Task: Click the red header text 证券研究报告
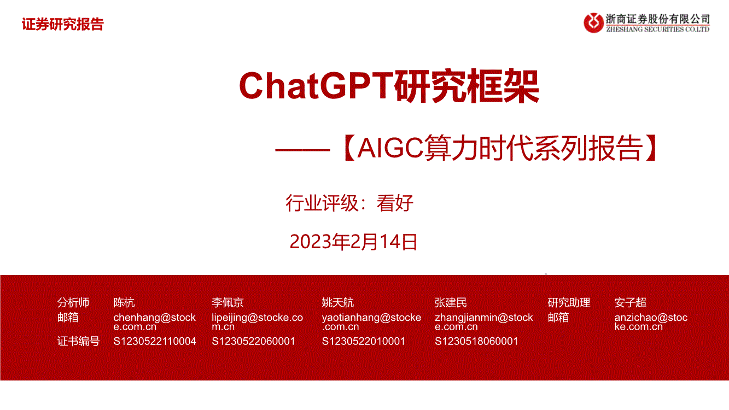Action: tap(63, 25)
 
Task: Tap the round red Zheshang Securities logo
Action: tap(593, 23)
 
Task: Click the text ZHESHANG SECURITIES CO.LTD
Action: tap(658, 30)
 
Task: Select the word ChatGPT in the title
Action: tap(316, 86)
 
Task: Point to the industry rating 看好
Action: tap(395, 203)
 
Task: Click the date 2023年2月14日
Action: tap(353, 242)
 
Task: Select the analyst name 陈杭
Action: tap(124, 303)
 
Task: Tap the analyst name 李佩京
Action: tap(228, 303)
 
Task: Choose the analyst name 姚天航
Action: tap(338, 303)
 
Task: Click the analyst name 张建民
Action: tap(451, 303)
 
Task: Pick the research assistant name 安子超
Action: tap(631, 303)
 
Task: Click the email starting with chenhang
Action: tap(155, 322)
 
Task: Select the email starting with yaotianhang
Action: tap(371, 322)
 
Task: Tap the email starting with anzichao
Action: tap(651, 322)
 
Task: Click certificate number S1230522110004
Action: tap(155, 341)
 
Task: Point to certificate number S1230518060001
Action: tap(476, 341)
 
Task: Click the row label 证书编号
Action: tap(78, 341)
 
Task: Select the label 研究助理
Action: tap(569, 303)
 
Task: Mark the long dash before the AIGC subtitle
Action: tap(302, 150)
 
